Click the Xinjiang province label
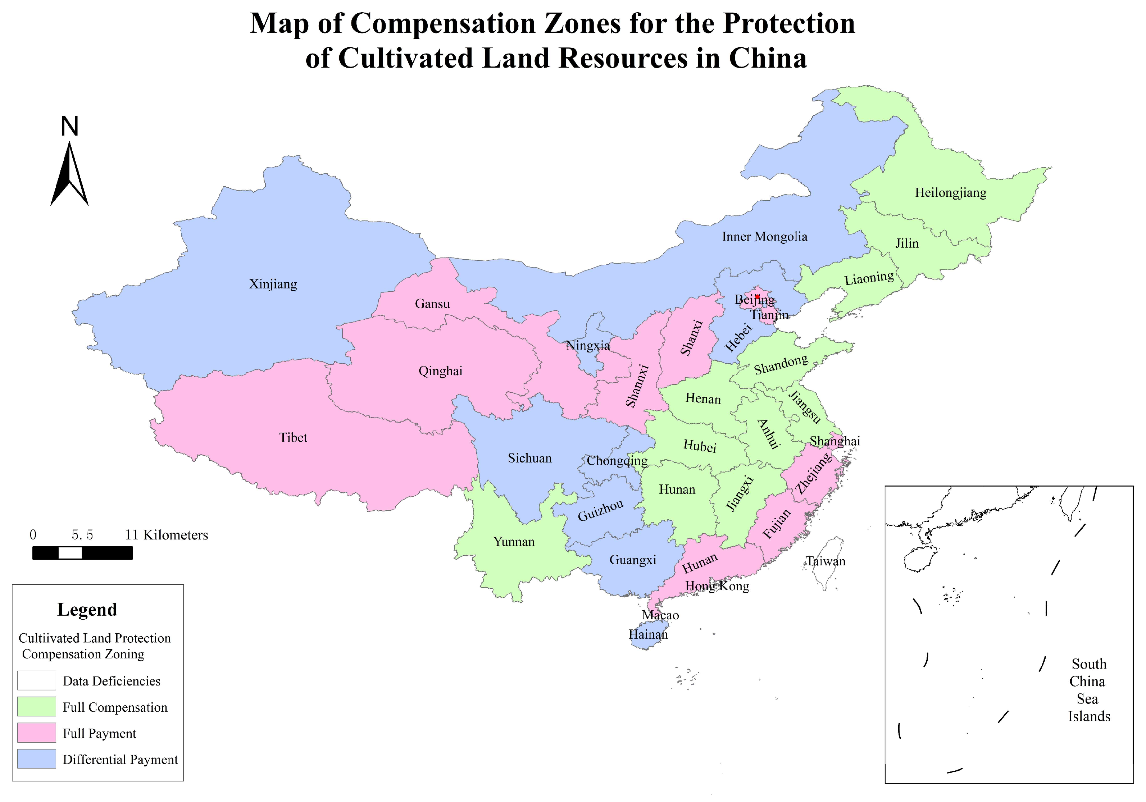pos(273,284)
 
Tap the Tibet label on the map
pos(293,438)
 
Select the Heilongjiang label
pos(950,193)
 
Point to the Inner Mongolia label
pos(764,237)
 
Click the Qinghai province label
pos(440,371)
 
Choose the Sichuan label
pos(529,458)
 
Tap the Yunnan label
pos(514,542)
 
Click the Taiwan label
pos(826,561)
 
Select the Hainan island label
pos(648,634)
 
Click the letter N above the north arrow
pos(69,126)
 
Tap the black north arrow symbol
pos(69,175)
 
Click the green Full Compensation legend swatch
pos(36,707)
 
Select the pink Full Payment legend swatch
pos(36,733)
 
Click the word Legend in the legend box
pos(87,609)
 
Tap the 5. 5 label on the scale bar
pos(82,535)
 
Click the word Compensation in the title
pos(443,23)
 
